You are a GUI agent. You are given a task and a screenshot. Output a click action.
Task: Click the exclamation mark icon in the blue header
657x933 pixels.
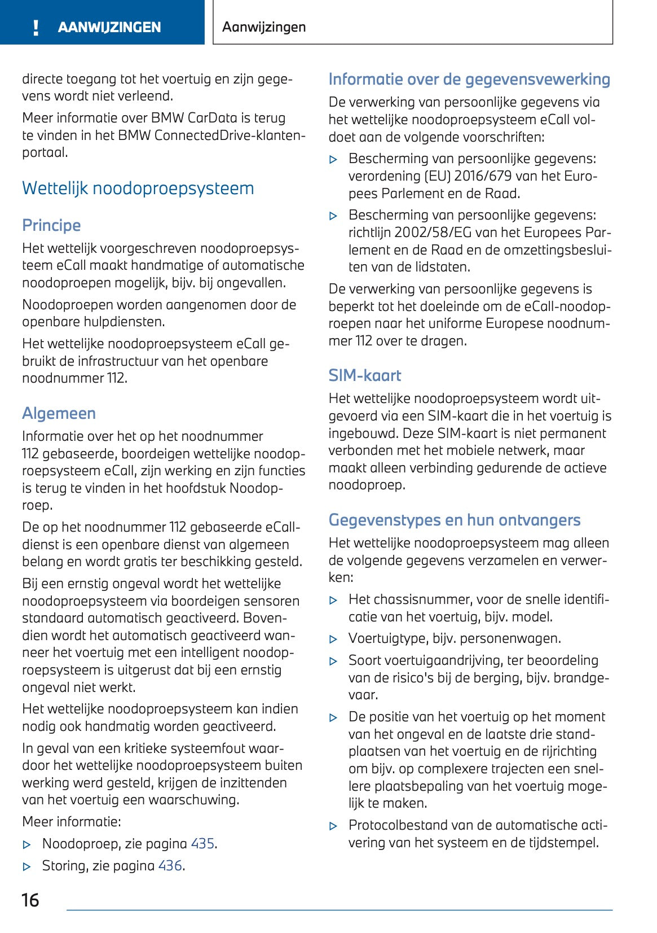click(x=36, y=27)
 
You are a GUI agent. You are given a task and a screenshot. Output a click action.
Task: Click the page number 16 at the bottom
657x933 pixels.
click(x=30, y=900)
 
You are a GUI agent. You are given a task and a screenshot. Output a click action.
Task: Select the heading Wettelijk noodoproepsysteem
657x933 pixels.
click(x=138, y=188)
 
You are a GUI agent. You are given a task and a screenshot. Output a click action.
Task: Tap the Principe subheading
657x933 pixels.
click(x=51, y=225)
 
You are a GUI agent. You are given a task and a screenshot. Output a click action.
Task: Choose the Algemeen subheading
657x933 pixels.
click(x=59, y=413)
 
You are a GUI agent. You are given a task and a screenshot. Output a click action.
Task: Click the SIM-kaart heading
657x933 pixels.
click(x=365, y=375)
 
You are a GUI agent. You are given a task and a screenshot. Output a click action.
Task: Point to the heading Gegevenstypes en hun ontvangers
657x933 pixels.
click(x=454, y=520)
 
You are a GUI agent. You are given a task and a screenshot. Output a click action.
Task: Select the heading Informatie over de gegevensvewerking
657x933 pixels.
click(x=469, y=79)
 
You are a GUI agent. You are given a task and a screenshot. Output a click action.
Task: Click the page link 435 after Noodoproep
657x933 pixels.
click(x=202, y=843)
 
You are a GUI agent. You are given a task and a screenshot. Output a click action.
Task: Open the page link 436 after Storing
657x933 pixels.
click(x=170, y=865)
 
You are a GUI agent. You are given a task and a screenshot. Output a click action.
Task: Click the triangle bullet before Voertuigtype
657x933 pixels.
click(x=333, y=639)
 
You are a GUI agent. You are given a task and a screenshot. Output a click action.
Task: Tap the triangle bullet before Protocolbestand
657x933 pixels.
click(x=333, y=826)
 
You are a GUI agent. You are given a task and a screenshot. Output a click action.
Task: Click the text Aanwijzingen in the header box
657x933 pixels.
click(x=264, y=27)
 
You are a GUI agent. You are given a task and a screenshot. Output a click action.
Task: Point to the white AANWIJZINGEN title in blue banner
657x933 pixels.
click(x=109, y=27)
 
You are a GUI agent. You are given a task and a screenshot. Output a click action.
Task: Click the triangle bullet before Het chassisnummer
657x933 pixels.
click(x=333, y=601)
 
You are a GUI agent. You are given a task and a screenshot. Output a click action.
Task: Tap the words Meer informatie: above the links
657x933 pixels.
click(x=72, y=822)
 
